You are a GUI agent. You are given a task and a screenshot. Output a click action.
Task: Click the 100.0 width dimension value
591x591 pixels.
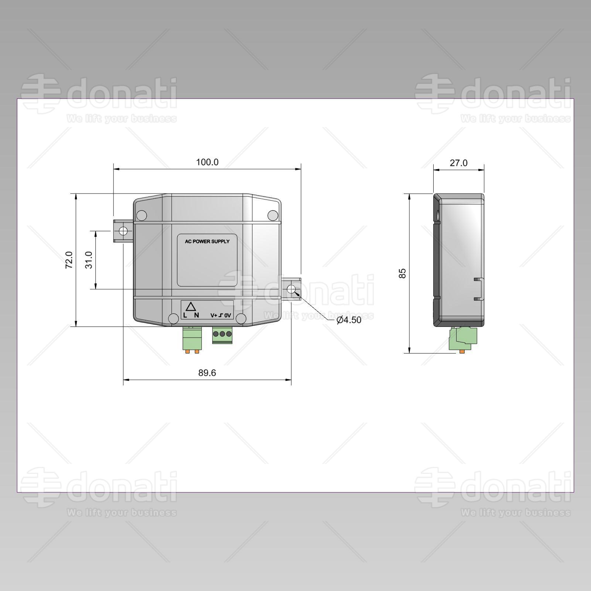point(207,162)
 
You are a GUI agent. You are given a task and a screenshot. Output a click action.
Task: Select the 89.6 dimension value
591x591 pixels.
point(207,373)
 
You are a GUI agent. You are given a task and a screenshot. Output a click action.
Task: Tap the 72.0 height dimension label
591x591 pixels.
point(69,260)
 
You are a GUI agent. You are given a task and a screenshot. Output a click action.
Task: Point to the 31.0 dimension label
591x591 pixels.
point(89,260)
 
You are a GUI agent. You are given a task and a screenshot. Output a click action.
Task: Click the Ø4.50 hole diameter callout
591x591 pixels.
point(349,320)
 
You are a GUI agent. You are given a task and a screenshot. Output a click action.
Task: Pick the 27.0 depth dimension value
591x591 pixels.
point(458,163)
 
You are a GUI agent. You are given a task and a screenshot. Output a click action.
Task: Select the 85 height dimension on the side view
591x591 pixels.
point(403,273)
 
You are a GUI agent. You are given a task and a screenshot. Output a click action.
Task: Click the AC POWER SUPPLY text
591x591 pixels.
point(207,242)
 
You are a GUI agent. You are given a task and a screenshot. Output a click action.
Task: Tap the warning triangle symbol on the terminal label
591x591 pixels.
point(191,307)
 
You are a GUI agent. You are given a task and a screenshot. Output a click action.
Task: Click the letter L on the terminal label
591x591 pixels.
point(185,315)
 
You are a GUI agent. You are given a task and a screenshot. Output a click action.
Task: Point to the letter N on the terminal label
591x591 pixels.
point(197,315)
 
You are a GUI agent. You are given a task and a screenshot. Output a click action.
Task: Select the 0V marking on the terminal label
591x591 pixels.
point(227,315)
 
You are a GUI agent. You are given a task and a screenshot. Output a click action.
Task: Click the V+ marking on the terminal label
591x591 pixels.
point(214,315)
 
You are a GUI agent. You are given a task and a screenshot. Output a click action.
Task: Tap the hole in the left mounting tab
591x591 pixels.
point(123,231)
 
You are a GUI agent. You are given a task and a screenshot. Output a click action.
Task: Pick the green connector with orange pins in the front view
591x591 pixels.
point(192,339)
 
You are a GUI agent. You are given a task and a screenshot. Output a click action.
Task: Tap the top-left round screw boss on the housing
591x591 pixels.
point(141,215)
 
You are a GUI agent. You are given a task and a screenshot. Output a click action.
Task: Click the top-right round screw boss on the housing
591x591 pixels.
point(273,215)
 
